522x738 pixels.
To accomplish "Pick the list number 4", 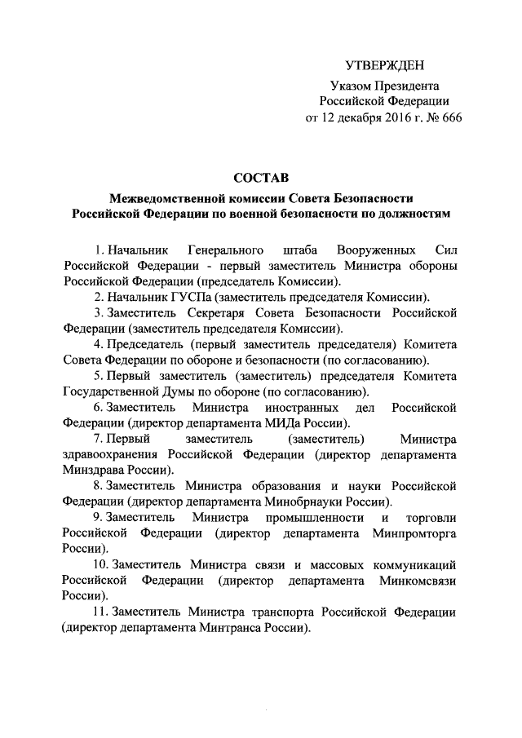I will tap(97, 344).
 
